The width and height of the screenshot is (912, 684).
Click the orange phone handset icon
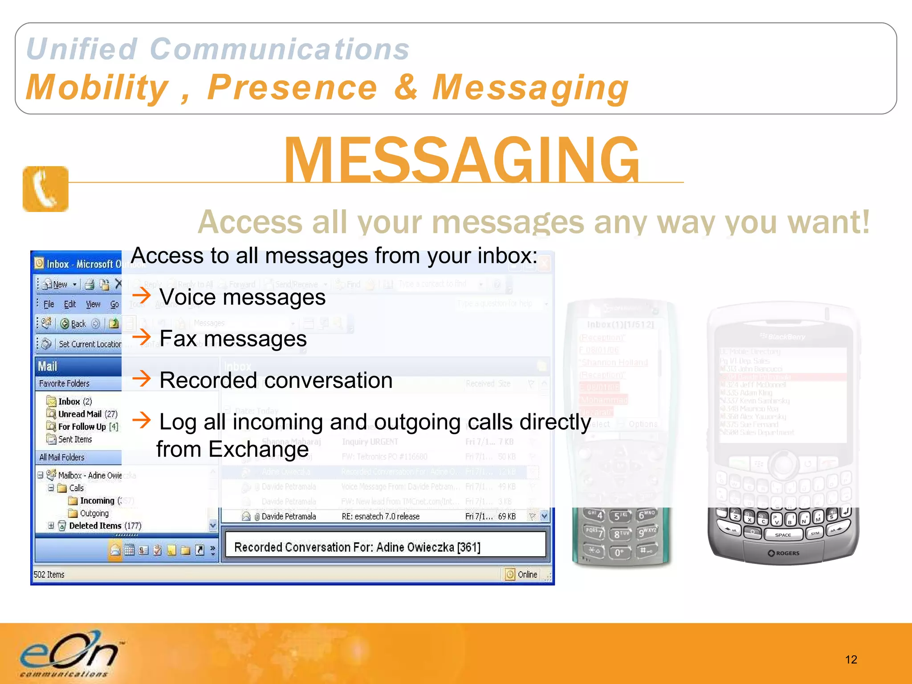point(45,189)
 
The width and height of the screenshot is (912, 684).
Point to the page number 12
point(851,660)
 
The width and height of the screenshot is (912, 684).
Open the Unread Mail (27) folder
point(87,414)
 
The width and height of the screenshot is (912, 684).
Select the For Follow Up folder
point(88,427)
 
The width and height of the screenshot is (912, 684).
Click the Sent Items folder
point(74,440)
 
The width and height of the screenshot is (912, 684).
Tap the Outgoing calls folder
point(94,513)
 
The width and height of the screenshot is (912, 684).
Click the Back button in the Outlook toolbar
point(74,324)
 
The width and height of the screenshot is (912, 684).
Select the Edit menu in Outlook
point(70,304)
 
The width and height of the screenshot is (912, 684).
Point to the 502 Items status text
point(49,574)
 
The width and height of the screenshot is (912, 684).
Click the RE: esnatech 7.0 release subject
point(380,517)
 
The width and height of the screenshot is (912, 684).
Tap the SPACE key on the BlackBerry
point(783,535)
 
